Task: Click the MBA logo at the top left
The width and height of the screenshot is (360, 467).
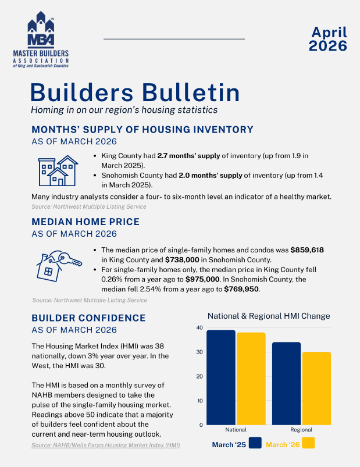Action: tap(40, 41)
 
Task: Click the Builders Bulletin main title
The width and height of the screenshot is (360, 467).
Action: tap(135, 92)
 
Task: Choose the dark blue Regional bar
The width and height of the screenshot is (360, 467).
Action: tap(286, 383)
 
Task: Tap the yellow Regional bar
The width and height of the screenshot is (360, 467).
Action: tap(316, 388)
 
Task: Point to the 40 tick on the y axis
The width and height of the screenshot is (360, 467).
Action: tap(199, 328)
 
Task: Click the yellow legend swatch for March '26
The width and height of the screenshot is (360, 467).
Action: tap(308, 444)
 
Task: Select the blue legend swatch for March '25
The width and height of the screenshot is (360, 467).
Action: tap(254, 444)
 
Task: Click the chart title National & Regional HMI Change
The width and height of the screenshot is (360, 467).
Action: tap(269, 316)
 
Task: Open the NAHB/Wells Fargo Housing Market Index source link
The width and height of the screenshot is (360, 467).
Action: tap(105, 445)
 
